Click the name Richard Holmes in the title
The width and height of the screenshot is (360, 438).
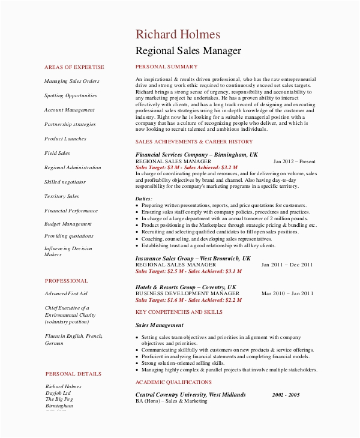[x=178, y=35]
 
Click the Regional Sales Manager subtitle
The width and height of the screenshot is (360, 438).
[x=188, y=51]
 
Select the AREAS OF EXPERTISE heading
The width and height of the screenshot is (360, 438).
[x=74, y=67]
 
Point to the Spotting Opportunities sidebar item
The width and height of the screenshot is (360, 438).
[x=70, y=95]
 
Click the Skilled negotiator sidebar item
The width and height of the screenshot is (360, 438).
[x=65, y=182]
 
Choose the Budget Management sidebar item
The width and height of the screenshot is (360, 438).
[x=68, y=224]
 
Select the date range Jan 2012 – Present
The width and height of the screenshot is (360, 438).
[x=294, y=161]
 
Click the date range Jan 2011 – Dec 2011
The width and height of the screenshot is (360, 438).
[x=287, y=264]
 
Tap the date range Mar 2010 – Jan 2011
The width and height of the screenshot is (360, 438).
[x=287, y=293]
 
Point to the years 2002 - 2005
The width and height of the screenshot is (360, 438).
[x=286, y=395]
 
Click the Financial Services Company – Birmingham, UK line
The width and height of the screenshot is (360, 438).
[x=196, y=155]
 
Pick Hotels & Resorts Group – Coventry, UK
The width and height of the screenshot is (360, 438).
[x=185, y=287]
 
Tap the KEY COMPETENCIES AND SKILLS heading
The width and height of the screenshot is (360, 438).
[x=179, y=312]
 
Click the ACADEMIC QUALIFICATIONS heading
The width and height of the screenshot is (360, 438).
[x=173, y=382]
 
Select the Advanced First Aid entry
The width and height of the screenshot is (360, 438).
[x=66, y=293]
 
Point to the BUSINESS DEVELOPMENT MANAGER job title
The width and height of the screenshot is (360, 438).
[x=179, y=293]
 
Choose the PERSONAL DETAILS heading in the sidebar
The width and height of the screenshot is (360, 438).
[x=69, y=373]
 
